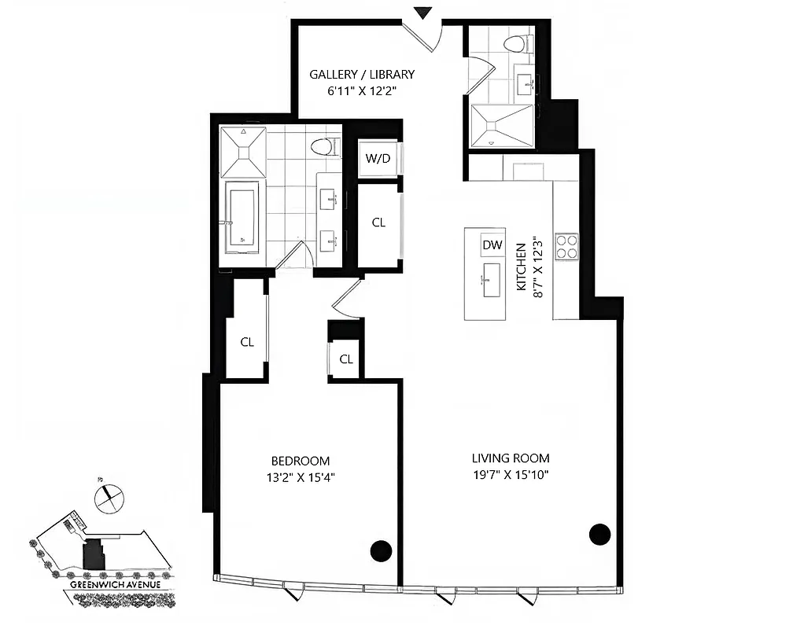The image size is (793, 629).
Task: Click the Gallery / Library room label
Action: tap(361, 75)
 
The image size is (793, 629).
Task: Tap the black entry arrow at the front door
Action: tap(424, 13)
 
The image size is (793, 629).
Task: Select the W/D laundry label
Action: tap(378, 159)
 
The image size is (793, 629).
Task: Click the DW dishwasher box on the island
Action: tap(492, 245)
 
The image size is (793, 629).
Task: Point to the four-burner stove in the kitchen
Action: tap(566, 246)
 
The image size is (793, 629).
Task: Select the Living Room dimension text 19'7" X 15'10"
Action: tap(510, 474)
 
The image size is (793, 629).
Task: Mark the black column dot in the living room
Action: tap(599, 535)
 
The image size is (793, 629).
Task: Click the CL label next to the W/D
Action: tap(378, 223)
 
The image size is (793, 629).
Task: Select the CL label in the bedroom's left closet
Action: tap(247, 342)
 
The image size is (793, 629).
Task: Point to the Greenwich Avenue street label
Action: tap(116, 585)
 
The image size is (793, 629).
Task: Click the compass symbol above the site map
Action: tap(107, 497)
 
